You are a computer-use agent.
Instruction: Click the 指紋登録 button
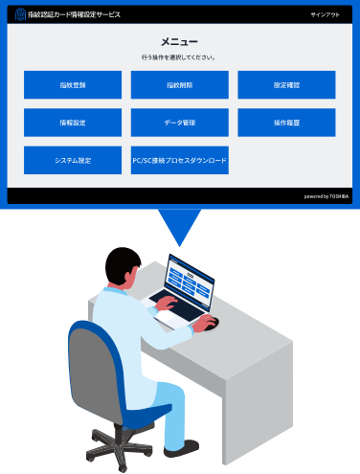click(x=73, y=85)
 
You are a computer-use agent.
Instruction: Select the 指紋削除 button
click(x=180, y=85)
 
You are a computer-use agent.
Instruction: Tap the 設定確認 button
click(x=286, y=85)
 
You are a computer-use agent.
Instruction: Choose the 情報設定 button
click(x=73, y=123)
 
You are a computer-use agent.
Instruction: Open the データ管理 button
click(x=180, y=123)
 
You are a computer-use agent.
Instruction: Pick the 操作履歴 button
click(x=286, y=123)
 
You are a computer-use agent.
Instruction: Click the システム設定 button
click(x=73, y=160)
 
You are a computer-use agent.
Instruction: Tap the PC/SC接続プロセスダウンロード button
click(x=180, y=160)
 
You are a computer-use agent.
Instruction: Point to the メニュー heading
click(x=179, y=42)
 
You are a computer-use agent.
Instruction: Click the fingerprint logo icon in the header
click(x=20, y=15)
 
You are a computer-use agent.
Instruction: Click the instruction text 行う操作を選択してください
click(x=179, y=57)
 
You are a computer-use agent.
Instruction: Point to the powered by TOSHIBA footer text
click(x=326, y=195)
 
